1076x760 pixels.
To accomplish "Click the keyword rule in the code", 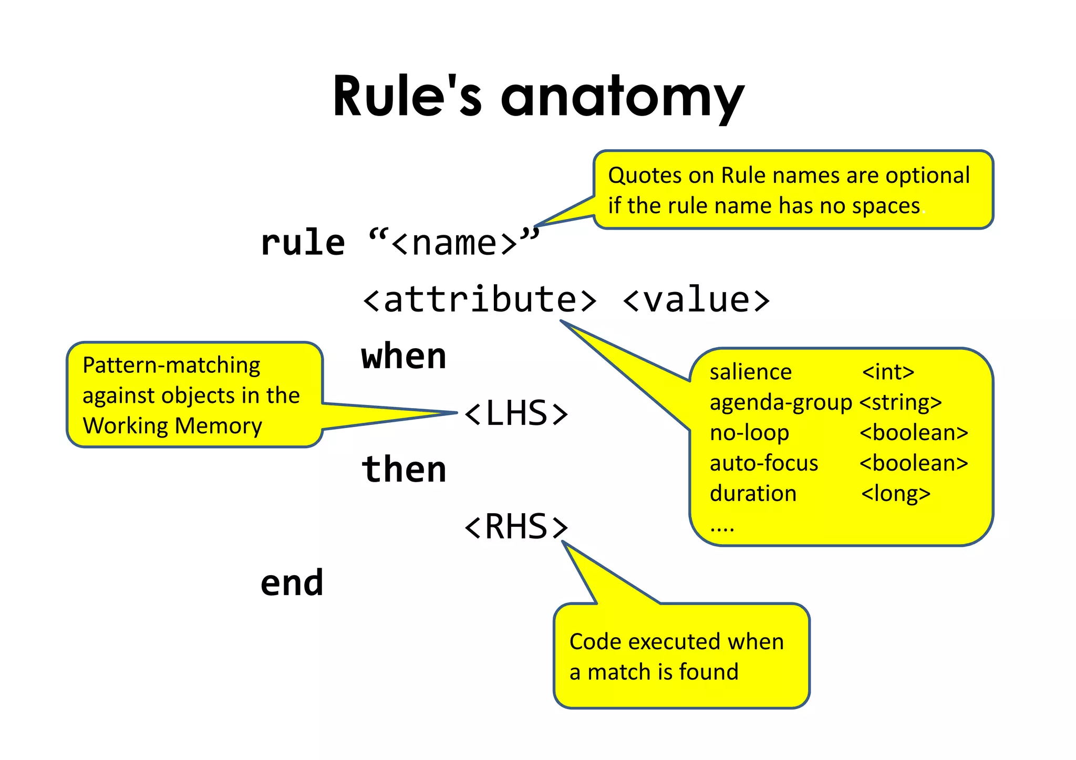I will [x=303, y=243].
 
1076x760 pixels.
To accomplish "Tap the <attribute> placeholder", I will [x=479, y=300].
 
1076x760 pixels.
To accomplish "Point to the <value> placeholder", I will [x=696, y=300].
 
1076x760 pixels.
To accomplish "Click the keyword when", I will [x=403, y=357].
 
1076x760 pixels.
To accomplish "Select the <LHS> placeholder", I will [x=516, y=413].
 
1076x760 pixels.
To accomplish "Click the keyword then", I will [x=403, y=470].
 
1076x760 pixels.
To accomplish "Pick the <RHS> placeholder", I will [x=516, y=526].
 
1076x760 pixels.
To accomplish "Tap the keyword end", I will [x=292, y=583].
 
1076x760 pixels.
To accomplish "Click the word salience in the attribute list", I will [x=750, y=372].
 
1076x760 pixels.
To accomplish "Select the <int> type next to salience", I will [x=888, y=372].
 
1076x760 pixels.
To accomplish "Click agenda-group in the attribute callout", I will [x=780, y=403].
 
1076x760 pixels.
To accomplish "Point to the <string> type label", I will [x=901, y=403].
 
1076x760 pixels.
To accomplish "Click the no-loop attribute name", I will [x=749, y=433].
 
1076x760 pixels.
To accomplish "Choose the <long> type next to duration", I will [x=896, y=494].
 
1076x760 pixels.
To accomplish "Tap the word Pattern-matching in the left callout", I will [x=171, y=365].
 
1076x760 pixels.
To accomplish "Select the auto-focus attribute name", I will [x=763, y=463].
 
